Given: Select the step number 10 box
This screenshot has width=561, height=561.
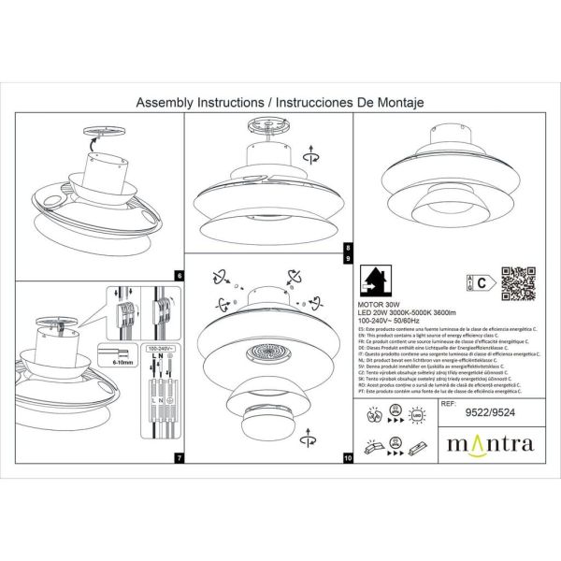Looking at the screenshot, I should pos(349,458).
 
